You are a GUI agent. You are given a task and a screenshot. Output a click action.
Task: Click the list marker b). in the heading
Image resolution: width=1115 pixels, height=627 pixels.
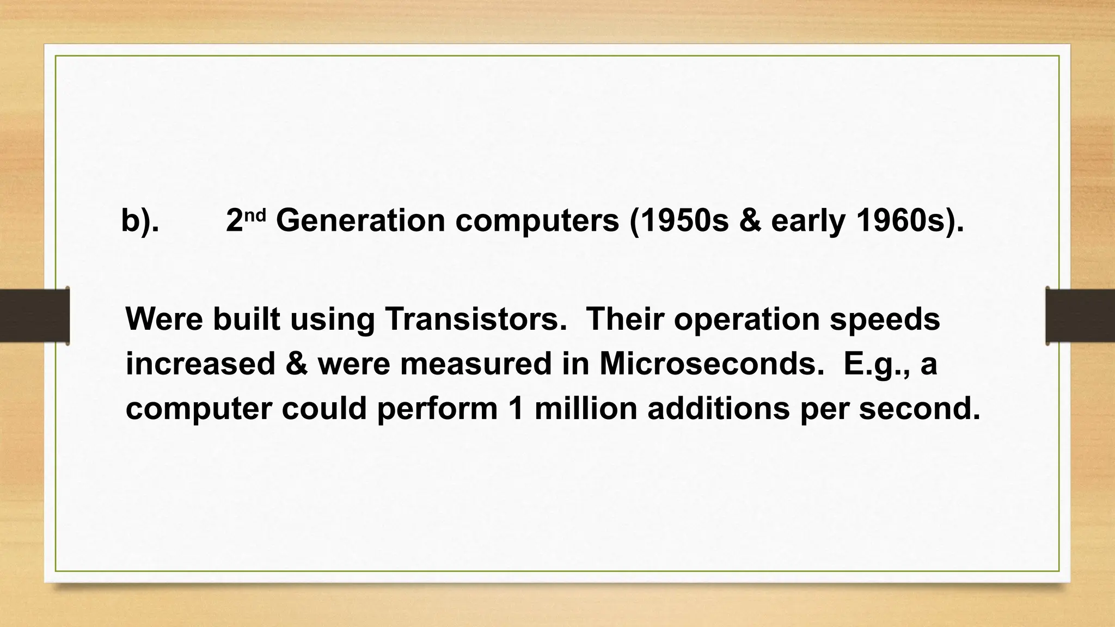[140, 221]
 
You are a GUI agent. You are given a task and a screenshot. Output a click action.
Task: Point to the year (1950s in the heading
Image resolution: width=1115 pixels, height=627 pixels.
[679, 221]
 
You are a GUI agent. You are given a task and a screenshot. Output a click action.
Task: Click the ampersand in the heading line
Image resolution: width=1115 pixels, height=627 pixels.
[750, 221]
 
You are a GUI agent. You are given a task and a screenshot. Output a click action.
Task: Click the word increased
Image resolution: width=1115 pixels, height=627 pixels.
[200, 364]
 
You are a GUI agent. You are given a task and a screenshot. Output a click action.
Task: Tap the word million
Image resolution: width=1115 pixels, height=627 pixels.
[586, 408]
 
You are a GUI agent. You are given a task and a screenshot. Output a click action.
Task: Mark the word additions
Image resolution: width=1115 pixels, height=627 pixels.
[718, 408]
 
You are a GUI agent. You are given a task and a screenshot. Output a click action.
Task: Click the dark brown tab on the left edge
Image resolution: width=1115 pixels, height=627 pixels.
[34, 316]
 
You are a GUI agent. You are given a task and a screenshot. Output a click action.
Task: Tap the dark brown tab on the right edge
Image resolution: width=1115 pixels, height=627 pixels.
[1080, 316]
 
